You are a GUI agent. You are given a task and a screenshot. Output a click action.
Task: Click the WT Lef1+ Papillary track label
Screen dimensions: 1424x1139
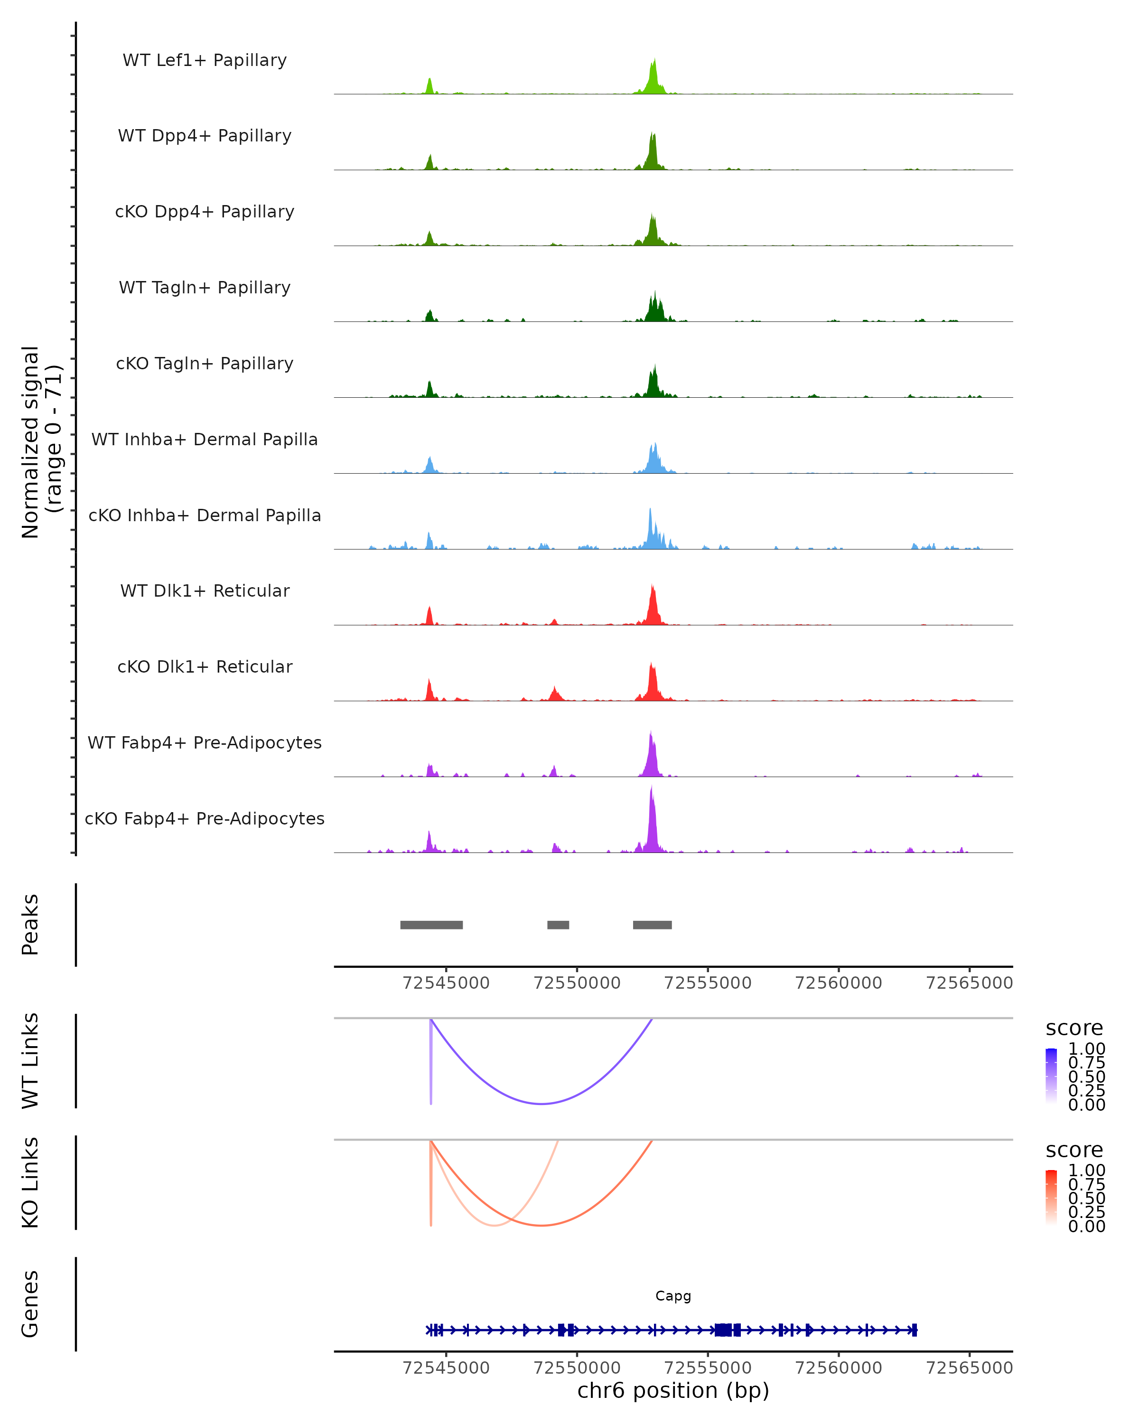click(x=205, y=60)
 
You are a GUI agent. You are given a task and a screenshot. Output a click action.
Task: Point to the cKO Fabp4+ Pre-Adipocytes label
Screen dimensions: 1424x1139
click(x=205, y=818)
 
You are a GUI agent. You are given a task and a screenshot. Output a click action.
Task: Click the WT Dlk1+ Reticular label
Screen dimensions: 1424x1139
click(x=205, y=591)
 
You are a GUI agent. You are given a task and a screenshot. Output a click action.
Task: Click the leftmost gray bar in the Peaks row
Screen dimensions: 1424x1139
click(x=431, y=925)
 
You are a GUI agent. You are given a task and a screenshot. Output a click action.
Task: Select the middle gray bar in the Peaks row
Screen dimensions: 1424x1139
click(x=558, y=925)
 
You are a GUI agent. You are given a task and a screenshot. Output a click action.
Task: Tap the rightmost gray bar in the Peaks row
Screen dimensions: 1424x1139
click(x=653, y=925)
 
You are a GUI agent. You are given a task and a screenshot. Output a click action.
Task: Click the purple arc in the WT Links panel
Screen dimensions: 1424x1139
click(x=541, y=1104)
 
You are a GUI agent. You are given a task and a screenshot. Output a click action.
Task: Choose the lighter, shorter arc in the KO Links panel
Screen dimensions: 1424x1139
click(x=495, y=1225)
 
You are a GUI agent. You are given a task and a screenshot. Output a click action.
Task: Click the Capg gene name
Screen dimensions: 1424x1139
click(x=673, y=1296)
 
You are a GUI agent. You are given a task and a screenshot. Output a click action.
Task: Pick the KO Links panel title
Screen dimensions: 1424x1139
click(x=30, y=1182)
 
